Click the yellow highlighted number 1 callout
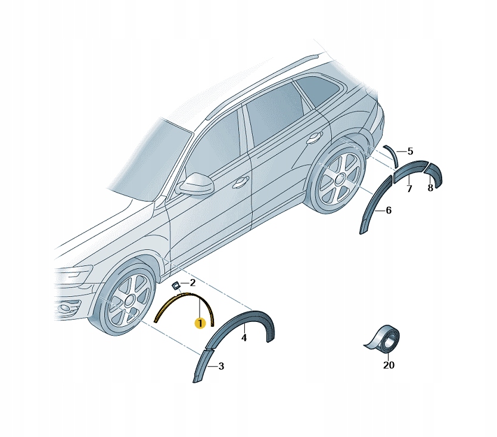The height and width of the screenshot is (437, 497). coord(200,324)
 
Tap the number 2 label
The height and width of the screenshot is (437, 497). coord(192,282)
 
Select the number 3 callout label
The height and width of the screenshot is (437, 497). coord(221,366)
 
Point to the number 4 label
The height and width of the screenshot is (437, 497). coord(244,338)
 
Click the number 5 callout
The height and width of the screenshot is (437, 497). coord(410,151)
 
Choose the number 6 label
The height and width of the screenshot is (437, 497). coord(389,210)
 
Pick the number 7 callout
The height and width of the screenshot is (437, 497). coord(409,188)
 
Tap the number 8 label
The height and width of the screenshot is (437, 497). coord(430,188)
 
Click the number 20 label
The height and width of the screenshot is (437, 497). coord(389,365)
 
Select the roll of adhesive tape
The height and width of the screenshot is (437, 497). coord(385,339)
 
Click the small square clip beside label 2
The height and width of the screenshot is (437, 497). coord(175,285)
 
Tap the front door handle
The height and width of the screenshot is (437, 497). coord(240,182)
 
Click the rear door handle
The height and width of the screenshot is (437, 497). coord(314,137)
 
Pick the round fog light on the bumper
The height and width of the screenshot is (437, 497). coord(66,308)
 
